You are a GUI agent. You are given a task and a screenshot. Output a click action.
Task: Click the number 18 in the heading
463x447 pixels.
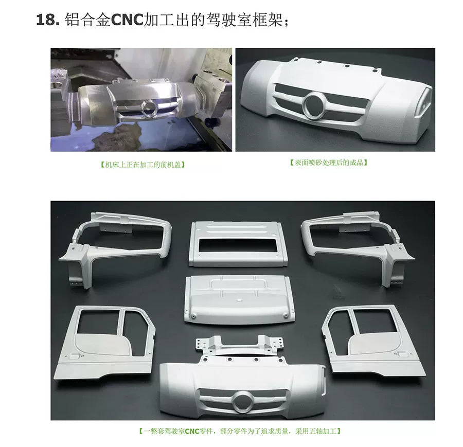click(46, 20)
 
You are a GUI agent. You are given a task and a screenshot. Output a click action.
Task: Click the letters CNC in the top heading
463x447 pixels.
click(127, 20)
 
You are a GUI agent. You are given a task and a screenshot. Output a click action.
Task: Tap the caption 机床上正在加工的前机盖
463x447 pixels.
click(143, 165)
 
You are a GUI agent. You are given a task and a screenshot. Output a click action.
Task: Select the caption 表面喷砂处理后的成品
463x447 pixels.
click(329, 163)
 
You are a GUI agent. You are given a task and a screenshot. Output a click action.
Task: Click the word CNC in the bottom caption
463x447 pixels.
click(192, 432)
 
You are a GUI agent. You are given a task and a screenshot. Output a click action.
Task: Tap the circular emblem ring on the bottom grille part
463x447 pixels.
click(243, 402)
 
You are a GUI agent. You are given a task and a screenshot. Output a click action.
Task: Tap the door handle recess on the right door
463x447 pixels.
click(402, 353)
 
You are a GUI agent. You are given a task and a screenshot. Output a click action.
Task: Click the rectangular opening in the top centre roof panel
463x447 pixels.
click(238, 246)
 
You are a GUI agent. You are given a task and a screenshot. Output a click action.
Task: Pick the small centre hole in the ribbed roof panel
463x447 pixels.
click(238, 300)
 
